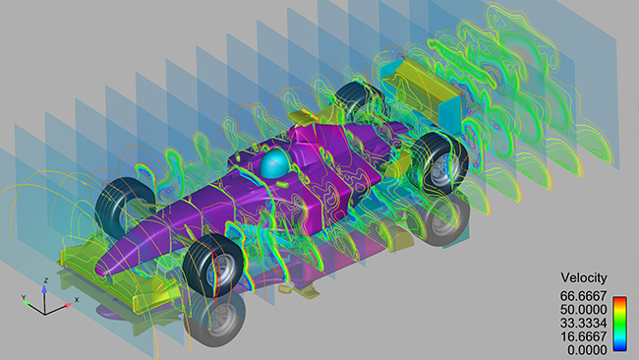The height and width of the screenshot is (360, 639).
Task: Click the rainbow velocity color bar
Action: pos(618,321)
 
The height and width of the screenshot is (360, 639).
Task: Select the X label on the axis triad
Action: pos(77,300)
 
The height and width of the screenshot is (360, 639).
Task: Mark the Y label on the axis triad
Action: pos(22,296)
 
